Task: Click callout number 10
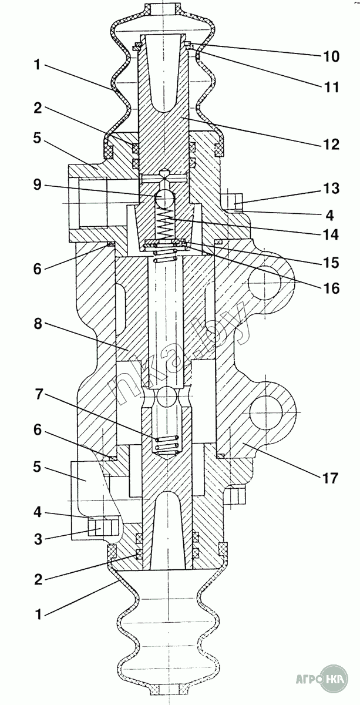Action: coord(330,56)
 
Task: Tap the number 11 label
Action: coord(330,87)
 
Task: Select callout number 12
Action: coord(330,144)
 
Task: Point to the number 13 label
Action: coord(330,189)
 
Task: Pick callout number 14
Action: coord(330,235)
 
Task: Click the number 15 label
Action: coord(330,263)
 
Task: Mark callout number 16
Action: coord(330,288)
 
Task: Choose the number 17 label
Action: coord(329,478)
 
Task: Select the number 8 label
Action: coord(38,324)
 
